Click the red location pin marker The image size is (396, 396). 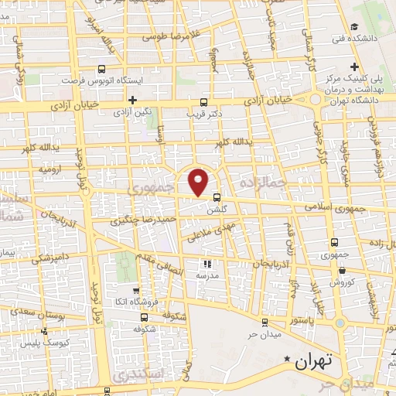coord(199,181)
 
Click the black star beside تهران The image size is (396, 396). coord(288,360)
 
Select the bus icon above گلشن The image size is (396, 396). coord(217,196)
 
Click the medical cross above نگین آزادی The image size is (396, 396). coord(133,100)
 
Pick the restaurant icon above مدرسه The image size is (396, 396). coord(206,264)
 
